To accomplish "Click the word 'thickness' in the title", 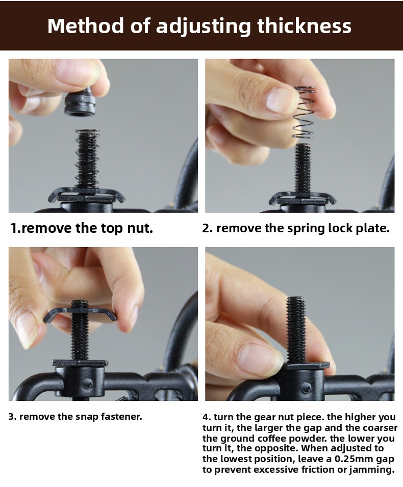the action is coord(304,25).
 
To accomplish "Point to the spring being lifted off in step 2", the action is coord(305,112).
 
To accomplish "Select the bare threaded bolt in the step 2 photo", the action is coord(303,168).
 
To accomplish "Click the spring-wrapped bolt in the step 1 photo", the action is coord(87,159).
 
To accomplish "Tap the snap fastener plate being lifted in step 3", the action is coord(80,314).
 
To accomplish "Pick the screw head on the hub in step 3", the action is coord(87,384).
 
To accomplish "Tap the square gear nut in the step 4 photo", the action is coord(306,366).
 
